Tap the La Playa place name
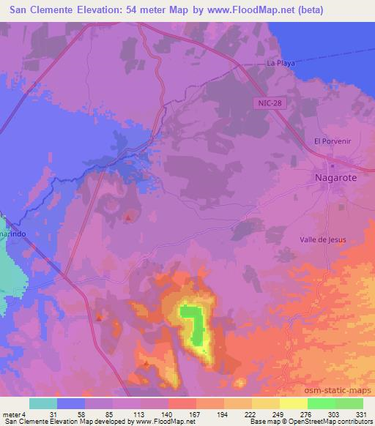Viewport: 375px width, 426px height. [x=281, y=63]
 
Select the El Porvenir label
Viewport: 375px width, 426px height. [x=329, y=141]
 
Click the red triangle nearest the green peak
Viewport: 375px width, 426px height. [x=146, y=363]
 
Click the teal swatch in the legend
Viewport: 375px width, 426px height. [x=43, y=403]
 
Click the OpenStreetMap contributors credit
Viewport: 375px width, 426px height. [x=329, y=422]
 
